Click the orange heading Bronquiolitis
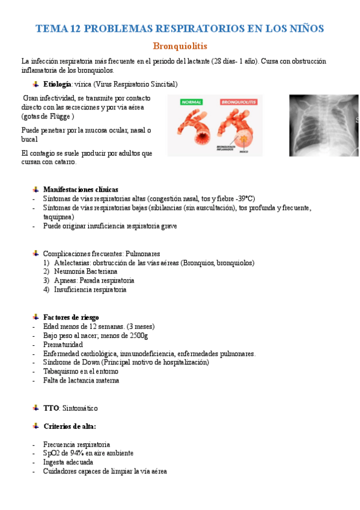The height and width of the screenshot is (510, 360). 180,46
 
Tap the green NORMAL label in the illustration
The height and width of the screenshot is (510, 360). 194,103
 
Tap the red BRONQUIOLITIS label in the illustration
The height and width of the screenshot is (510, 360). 239,103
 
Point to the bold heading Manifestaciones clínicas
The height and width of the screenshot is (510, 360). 81,189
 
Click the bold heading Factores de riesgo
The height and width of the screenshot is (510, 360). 71,317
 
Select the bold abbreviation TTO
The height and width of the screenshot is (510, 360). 50,408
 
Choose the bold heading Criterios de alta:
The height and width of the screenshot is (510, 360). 70,426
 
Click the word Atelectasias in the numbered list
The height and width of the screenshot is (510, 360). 73,263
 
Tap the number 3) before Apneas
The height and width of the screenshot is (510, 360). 46,281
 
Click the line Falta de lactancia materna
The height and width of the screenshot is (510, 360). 81,381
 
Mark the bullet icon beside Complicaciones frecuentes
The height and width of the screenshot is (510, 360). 37,253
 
